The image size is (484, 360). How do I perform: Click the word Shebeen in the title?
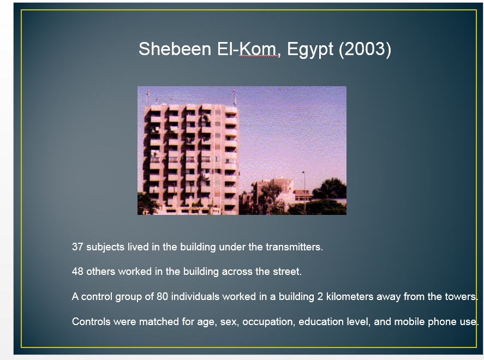click(x=175, y=49)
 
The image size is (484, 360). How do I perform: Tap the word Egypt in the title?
click(x=310, y=50)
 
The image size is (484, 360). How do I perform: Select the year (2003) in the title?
click(x=365, y=49)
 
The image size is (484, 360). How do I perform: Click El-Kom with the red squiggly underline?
click(x=248, y=49)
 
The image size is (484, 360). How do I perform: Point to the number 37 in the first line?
click(x=77, y=247)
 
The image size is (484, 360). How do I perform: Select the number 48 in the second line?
click(x=77, y=272)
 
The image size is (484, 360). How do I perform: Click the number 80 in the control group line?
click(x=163, y=296)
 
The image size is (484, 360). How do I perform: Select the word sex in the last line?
click(x=229, y=322)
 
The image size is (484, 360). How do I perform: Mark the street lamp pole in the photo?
click(x=304, y=192)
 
